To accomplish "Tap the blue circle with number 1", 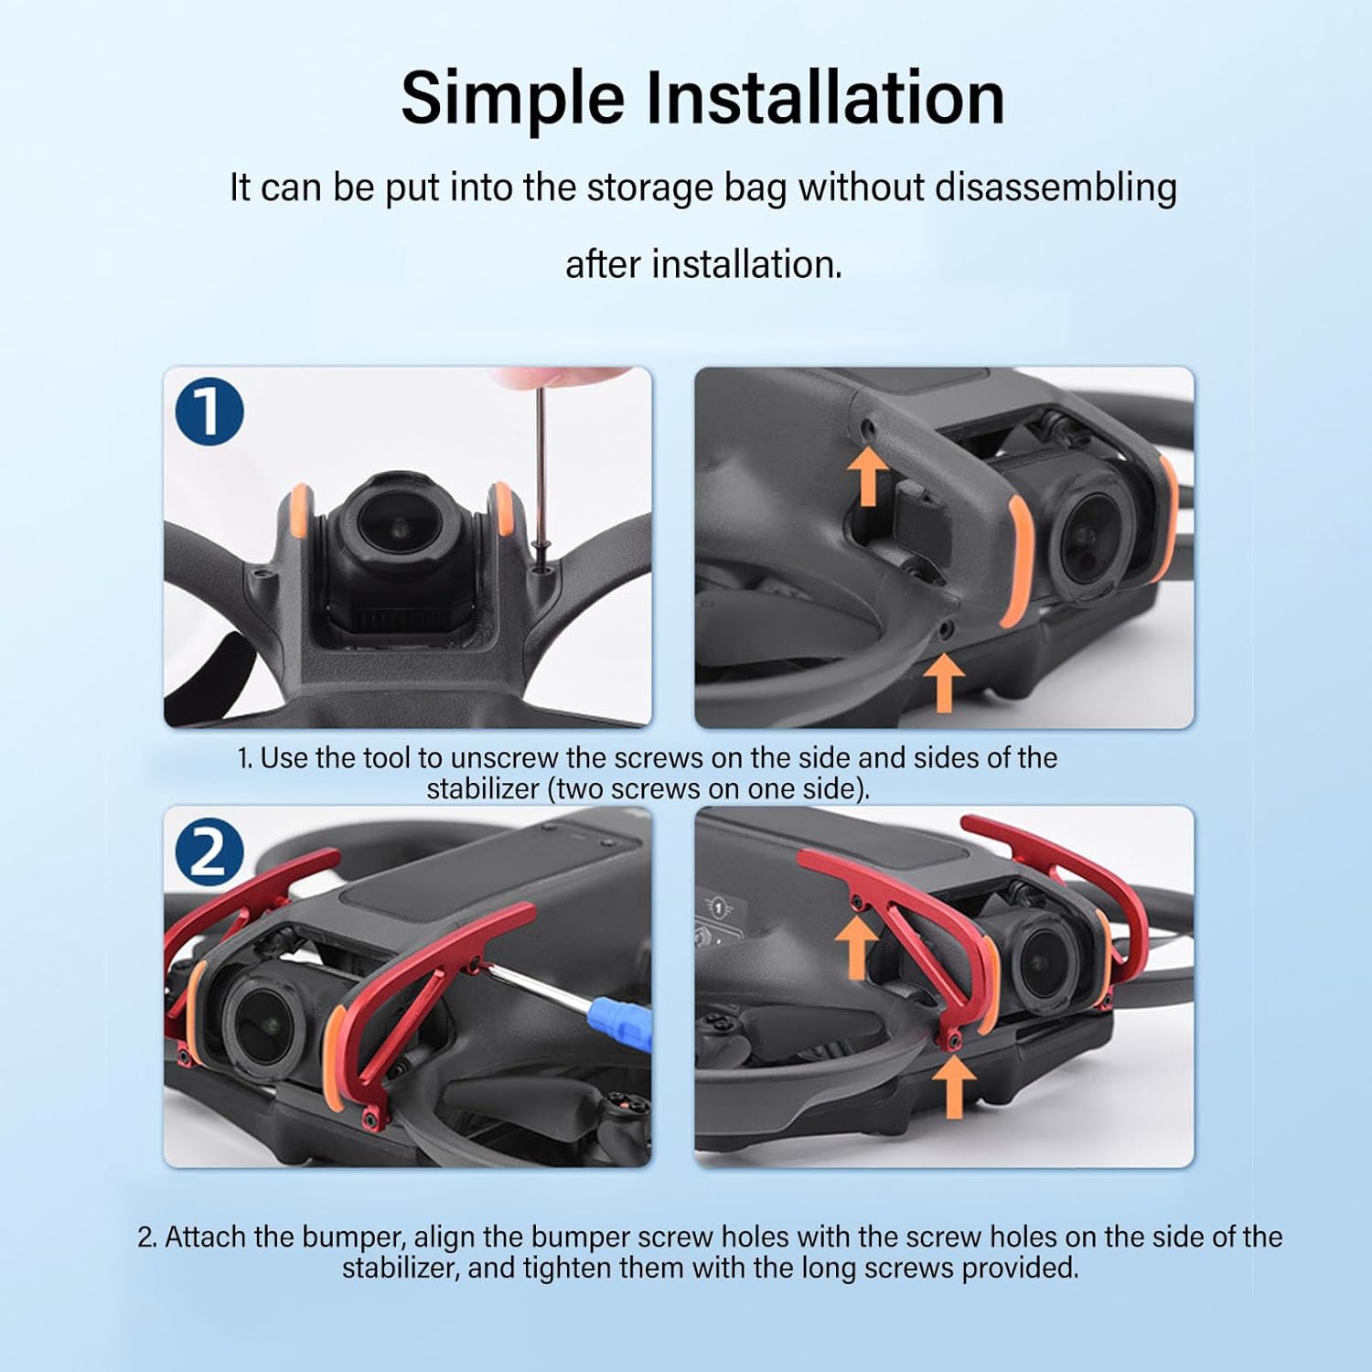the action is click(209, 412).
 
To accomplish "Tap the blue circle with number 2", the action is click(209, 852).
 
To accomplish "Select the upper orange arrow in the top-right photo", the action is click(867, 475).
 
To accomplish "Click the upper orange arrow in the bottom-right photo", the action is click(855, 946).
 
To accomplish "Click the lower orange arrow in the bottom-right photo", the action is click(953, 1086).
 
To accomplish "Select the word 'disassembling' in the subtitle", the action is click(1056, 188).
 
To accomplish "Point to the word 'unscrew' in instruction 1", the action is click(503, 758).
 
